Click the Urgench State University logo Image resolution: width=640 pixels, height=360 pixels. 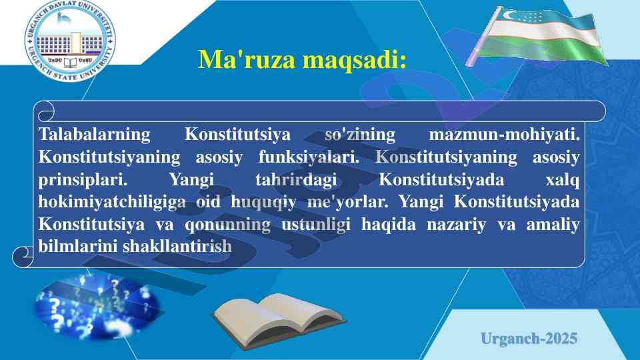70,40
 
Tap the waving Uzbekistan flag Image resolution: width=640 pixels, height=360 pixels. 537,36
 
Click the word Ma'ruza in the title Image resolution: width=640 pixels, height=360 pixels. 247,59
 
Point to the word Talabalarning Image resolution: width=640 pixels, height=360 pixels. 94,135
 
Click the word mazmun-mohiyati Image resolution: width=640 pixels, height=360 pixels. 504,134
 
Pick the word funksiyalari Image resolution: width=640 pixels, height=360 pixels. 309,157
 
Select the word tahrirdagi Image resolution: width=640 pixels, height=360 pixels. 296,180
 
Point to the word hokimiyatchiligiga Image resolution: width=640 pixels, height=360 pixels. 112,202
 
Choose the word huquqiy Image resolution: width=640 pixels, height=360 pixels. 263,202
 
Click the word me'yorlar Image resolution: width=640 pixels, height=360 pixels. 347,201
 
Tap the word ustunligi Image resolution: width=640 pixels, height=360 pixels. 316,225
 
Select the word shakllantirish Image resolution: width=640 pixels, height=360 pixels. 177,246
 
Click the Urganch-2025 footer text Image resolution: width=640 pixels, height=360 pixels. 529,339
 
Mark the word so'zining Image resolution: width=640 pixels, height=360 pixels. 359,135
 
